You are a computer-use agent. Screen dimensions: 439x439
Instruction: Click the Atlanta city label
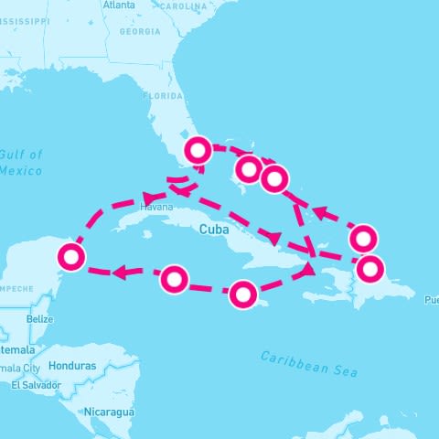tap(119, 5)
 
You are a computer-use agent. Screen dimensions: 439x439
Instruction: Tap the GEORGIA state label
tap(139, 31)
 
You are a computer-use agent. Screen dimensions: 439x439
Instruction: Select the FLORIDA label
tap(162, 95)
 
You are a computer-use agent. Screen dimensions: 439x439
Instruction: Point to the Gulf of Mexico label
tap(21, 162)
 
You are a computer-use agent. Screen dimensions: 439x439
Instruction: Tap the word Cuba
tap(213, 230)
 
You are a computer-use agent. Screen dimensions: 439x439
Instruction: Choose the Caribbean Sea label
tap(308, 363)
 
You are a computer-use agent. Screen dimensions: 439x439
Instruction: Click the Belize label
tap(40, 319)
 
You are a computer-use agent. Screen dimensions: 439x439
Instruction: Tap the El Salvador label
tap(36, 385)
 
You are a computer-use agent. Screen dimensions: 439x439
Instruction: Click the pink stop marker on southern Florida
tap(198, 149)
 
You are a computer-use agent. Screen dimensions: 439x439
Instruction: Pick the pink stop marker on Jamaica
tap(242, 294)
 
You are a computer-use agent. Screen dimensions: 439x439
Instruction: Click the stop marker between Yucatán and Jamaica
tap(174, 278)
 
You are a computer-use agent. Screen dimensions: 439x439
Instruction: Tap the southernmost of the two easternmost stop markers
tap(369, 269)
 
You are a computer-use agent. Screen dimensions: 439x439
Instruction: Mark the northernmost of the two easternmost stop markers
tap(363, 238)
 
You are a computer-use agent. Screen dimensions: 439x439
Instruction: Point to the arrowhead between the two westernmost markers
tap(118, 272)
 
